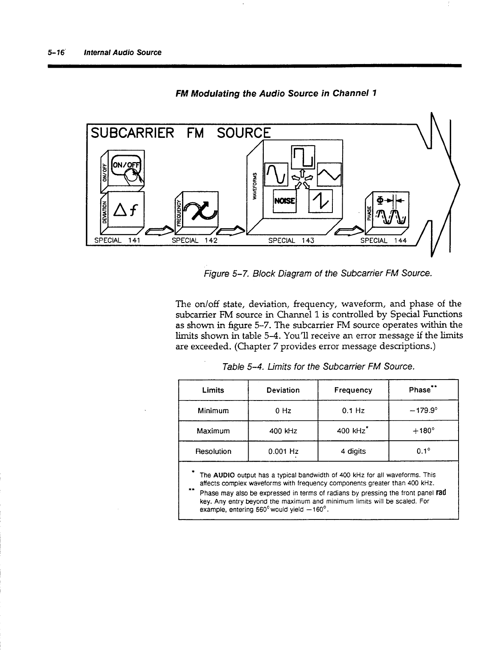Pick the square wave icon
coord(303,156)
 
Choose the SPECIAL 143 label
coord(291,240)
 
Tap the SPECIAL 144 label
coord(383,240)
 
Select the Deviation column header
coord(283,390)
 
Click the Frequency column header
coord(353,390)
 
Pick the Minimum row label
coord(213,411)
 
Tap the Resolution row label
coord(213,451)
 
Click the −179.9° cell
coord(423,411)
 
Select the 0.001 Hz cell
coord(283,451)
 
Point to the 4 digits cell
coord(353,451)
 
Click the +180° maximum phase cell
coord(423,431)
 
